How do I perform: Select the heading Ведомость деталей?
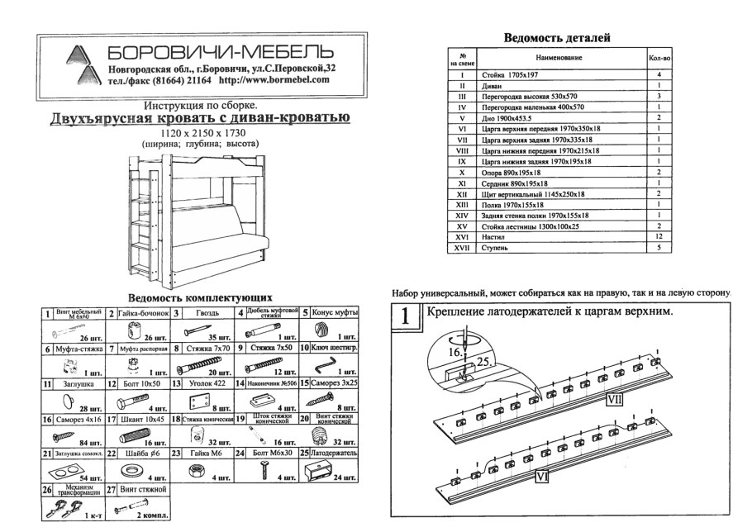click(x=557, y=38)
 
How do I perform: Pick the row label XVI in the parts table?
click(x=463, y=235)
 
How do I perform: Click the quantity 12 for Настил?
click(x=659, y=235)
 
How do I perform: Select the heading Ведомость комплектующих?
click(x=201, y=297)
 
